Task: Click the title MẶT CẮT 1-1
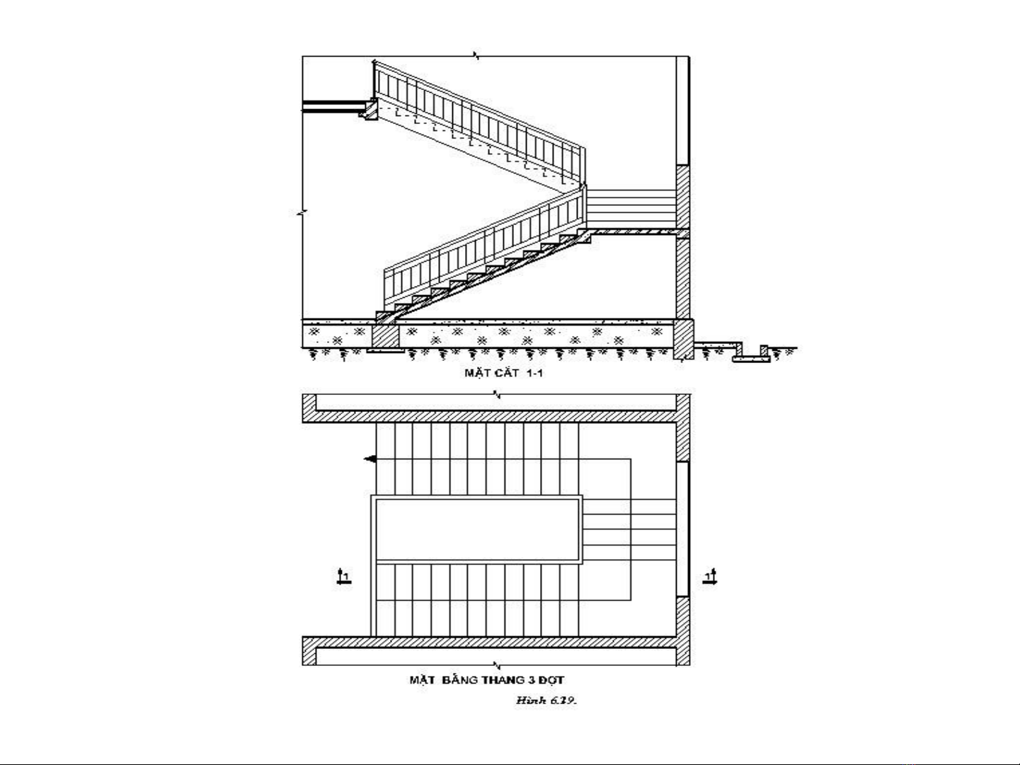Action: [x=504, y=373]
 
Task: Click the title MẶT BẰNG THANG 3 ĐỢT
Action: [x=486, y=680]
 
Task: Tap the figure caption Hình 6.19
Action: [x=546, y=701]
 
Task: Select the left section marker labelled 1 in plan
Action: [x=343, y=577]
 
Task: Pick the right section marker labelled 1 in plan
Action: [x=709, y=577]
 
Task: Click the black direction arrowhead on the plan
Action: [x=370, y=459]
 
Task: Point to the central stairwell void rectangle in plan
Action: [x=476, y=530]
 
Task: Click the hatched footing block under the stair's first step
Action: [x=385, y=335]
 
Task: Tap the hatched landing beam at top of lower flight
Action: [x=584, y=236]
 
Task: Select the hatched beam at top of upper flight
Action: [x=370, y=110]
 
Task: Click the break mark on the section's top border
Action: [x=477, y=56]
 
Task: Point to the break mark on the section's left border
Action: [x=302, y=213]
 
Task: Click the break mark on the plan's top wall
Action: [x=497, y=395]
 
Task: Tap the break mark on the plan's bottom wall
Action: [x=497, y=665]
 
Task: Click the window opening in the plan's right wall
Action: [x=682, y=529]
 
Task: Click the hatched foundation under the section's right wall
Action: [x=684, y=339]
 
